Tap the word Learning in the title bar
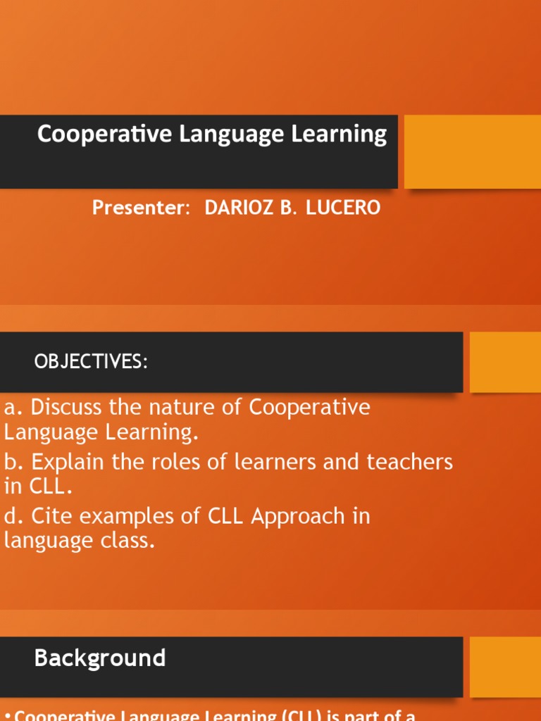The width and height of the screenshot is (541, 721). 346,135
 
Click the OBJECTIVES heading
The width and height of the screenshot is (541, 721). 91,362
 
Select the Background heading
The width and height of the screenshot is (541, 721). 100,658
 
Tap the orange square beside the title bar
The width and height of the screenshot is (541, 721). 472,152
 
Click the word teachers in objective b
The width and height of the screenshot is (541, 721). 409,463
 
